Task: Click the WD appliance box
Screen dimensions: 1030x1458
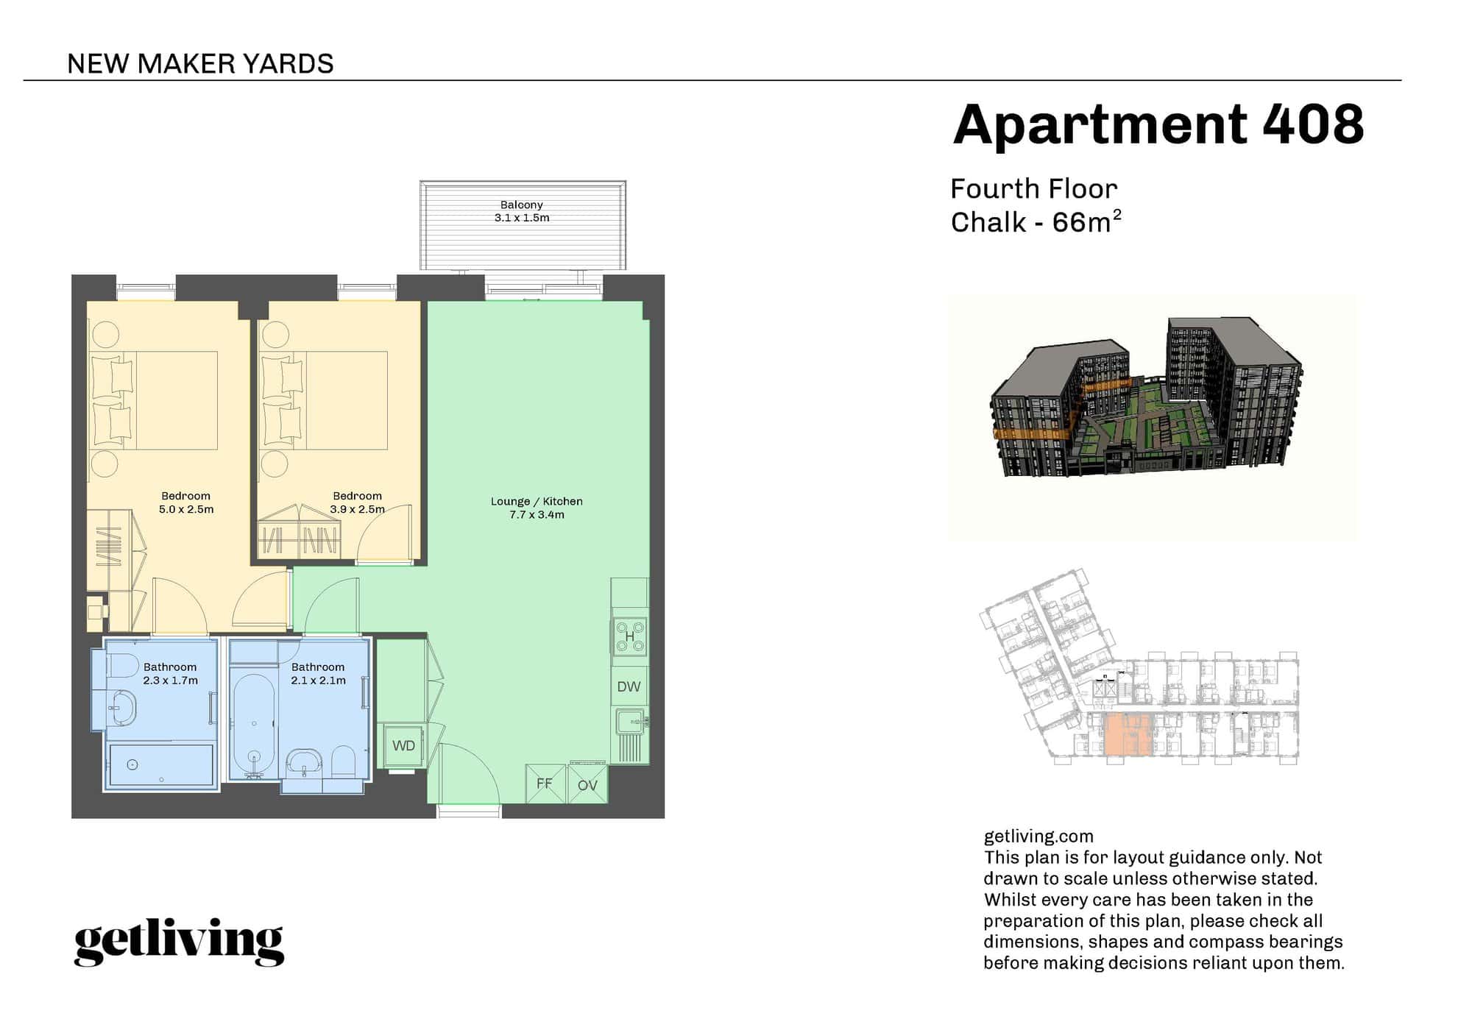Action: [x=403, y=746]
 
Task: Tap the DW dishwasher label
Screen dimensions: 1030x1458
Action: [x=629, y=687]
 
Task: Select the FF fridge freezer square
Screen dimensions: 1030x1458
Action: [x=545, y=784]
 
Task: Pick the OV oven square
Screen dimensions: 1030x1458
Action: [x=587, y=785]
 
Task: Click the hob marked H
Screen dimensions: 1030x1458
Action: [x=630, y=636]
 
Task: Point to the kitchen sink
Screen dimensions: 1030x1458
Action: [x=631, y=722]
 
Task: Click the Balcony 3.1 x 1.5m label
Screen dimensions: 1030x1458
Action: [x=521, y=211]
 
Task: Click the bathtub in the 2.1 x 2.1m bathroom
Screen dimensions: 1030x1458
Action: [x=254, y=725]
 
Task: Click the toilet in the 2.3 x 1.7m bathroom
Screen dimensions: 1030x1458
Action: [x=123, y=666]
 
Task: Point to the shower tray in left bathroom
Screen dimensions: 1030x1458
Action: [x=160, y=765]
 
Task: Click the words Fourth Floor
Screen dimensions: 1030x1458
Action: [x=1033, y=189]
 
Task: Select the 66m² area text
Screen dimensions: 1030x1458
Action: [x=1086, y=221]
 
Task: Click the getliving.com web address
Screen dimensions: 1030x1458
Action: [x=1038, y=837]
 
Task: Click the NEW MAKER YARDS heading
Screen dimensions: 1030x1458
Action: [x=200, y=64]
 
